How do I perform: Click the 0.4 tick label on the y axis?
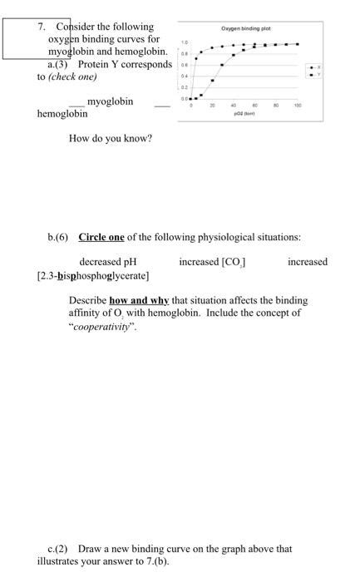(x=185, y=75)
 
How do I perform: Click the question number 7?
(x=42, y=27)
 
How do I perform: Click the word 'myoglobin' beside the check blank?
(x=110, y=101)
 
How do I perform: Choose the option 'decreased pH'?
(x=107, y=262)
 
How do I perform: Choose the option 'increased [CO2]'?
(x=212, y=262)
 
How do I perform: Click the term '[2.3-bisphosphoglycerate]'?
(x=93, y=274)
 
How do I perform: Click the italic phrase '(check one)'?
(x=73, y=76)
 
